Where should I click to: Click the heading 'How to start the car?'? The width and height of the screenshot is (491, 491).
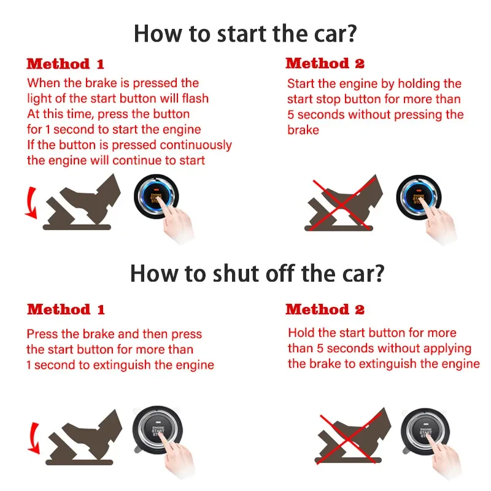245,33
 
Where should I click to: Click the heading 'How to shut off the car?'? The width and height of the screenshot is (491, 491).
257,273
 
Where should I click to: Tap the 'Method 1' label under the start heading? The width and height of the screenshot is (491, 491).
66,64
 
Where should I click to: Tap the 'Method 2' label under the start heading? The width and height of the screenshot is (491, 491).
325,63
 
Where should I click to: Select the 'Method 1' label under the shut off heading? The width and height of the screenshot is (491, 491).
66,309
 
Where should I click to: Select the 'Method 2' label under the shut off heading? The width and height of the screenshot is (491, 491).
325,309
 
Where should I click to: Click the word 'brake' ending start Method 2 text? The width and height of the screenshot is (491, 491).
303,130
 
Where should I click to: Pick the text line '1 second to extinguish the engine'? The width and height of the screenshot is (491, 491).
120,365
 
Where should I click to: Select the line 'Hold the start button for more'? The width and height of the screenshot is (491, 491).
372,333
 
